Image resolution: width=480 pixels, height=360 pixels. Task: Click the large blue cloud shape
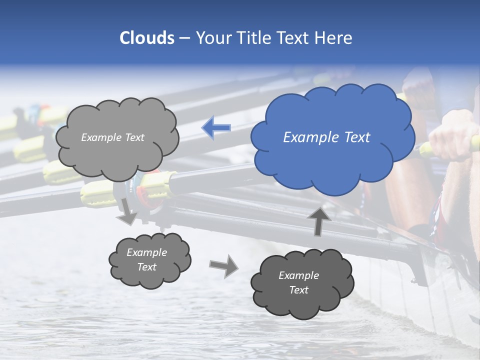click(332, 150)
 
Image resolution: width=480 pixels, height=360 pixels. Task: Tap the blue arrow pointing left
click(216, 128)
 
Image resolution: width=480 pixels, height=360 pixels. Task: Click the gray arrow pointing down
click(128, 212)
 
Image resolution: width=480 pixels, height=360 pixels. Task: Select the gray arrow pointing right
click(224, 265)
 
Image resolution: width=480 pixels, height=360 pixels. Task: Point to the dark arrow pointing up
click(319, 221)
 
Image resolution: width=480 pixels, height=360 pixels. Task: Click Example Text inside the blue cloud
click(326, 137)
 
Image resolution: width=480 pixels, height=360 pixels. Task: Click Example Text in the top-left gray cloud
click(112, 137)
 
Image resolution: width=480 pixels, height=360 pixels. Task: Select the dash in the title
click(184, 38)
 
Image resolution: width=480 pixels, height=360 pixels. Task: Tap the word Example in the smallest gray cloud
click(146, 252)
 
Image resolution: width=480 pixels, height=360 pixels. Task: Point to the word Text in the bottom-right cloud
click(298, 290)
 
